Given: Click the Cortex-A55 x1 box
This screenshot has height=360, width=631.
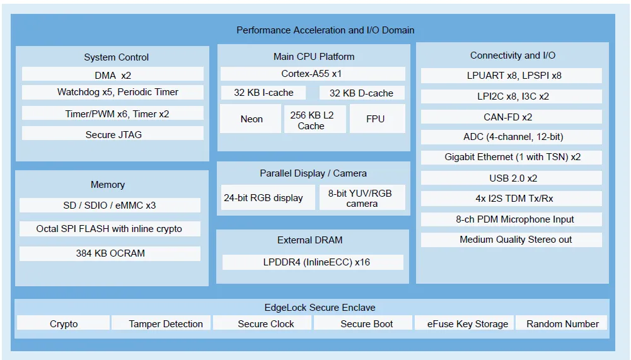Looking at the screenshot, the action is point(313,74).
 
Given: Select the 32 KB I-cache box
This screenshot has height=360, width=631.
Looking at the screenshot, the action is point(263,93).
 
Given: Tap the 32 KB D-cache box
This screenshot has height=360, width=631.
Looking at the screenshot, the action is point(362,93).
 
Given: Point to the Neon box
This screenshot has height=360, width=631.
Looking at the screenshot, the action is point(251,119).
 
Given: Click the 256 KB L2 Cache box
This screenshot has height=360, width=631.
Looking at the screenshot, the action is point(315,119).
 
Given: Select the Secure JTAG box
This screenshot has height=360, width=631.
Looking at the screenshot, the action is point(113,134).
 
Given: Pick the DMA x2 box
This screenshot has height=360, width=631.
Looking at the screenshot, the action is point(113,74).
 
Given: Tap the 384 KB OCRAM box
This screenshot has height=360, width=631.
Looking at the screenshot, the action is point(110,253).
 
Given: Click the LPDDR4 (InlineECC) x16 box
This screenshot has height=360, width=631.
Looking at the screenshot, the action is point(313,262).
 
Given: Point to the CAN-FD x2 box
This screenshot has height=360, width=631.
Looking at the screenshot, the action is point(511,117).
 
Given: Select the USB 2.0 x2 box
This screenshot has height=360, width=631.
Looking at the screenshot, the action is point(511,178).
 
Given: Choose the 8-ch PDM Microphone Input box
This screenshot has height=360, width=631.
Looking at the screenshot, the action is point(511,219).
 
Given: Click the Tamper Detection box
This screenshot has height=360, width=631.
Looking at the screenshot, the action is point(161,323).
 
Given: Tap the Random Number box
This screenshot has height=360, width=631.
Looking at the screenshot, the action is point(562,323).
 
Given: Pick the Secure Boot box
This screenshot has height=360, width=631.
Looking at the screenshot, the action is point(363,323).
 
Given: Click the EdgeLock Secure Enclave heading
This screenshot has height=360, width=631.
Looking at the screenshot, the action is point(320,308).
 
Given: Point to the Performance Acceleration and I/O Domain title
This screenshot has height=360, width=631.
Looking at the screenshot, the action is point(325,30).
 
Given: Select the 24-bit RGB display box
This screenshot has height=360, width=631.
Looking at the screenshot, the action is point(268,197).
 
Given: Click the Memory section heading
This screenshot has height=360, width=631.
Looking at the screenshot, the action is point(107,185).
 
